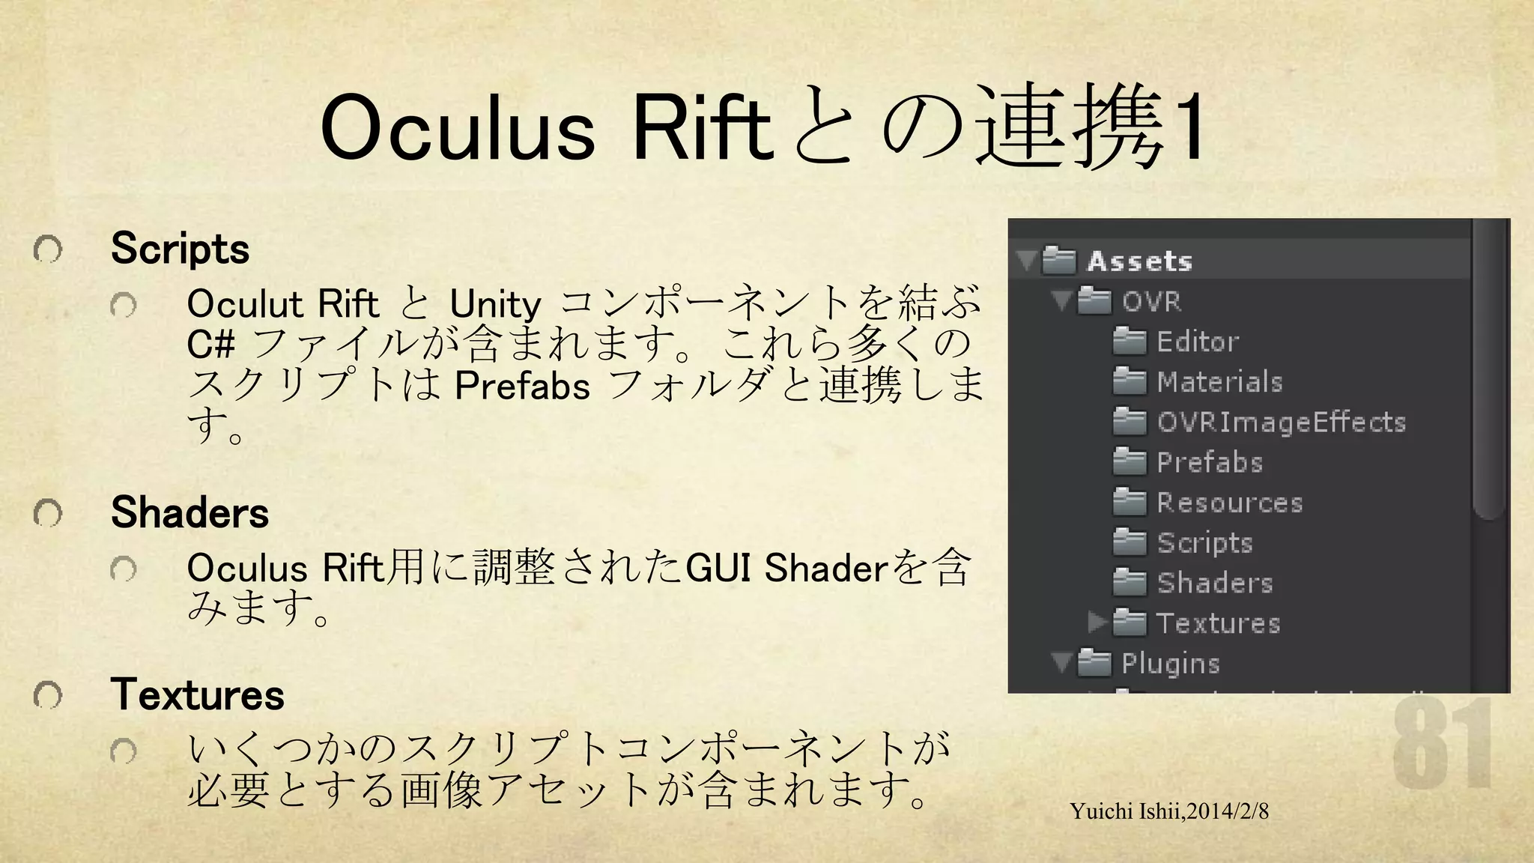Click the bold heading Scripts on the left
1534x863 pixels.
point(180,249)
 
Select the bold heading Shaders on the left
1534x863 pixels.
point(190,513)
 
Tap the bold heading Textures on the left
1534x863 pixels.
point(198,694)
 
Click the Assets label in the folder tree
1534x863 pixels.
point(1139,261)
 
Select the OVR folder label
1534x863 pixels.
point(1152,301)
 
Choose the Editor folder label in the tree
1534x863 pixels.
point(1197,342)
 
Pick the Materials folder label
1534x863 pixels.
point(1219,382)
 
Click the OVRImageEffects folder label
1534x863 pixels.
point(1281,423)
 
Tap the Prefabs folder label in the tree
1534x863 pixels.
point(1210,462)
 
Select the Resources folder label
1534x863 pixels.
point(1229,503)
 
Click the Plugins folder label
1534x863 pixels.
point(1171,664)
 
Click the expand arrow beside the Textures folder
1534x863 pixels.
point(1097,622)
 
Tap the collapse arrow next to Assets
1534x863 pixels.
point(1026,261)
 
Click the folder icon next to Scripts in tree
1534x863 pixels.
point(1130,542)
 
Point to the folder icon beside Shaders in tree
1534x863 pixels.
point(1130,582)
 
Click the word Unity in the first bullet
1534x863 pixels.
point(495,305)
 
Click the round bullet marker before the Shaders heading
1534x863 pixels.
point(47,514)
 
